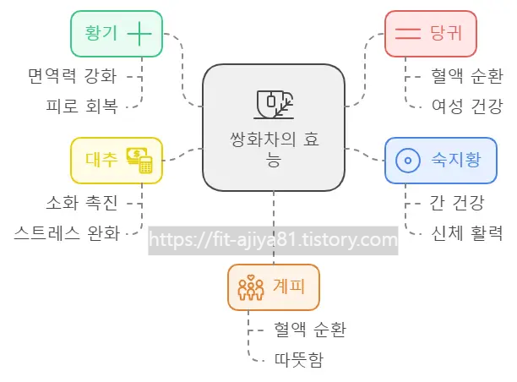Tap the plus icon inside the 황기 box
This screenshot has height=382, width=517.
click(139, 34)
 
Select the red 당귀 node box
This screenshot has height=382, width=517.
click(431, 34)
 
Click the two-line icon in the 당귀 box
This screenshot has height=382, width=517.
click(409, 34)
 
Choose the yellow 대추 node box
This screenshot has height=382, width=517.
click(117, 160)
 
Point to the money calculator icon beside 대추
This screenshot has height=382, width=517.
click(139, 160)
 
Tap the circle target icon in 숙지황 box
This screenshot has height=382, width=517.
click(408, 160)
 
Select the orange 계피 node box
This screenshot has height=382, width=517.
click(274, 287)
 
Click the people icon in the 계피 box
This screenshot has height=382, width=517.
click(251, 287)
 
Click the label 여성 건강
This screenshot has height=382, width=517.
click(467, 106)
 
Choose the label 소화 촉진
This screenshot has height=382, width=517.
click(82, 202)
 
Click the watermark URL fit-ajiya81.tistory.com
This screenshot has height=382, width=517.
click(273, 240)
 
